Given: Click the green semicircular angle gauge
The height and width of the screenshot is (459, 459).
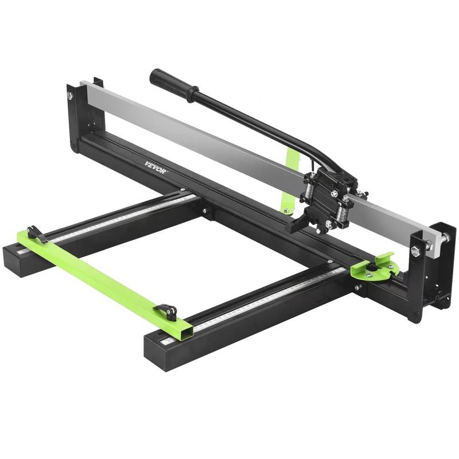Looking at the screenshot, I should click(x=374, y=270).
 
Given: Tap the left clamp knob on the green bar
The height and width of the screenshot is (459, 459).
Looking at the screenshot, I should click(x=36, y=234).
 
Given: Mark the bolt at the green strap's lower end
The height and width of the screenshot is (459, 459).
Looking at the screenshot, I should click(x=285, y=206).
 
